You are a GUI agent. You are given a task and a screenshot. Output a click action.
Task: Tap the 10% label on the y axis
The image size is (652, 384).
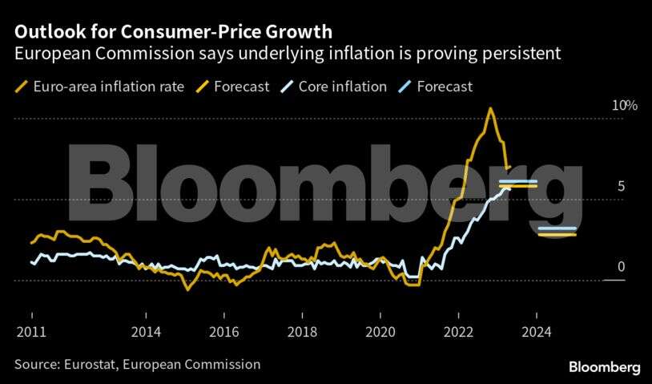[603, 106]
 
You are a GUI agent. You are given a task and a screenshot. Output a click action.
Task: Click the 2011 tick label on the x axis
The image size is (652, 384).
[31, 331]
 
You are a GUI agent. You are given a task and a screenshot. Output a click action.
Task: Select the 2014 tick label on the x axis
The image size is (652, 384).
[146, 331]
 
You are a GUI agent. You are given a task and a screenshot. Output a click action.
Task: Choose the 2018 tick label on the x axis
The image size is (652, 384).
[303, 331]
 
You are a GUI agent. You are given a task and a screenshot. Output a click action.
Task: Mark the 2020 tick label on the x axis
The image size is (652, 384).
[380, 331]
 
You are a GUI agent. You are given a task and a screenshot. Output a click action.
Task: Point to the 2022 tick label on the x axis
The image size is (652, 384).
[458, 331]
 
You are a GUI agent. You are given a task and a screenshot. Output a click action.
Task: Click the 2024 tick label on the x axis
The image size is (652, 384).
[537, 331]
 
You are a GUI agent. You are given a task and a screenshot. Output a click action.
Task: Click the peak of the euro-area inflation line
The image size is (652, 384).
[490, 109]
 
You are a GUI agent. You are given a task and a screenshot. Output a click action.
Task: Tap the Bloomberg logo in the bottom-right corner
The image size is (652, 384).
[604, 366]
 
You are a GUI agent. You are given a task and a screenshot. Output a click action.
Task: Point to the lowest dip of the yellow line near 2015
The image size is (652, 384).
[187, 289]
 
